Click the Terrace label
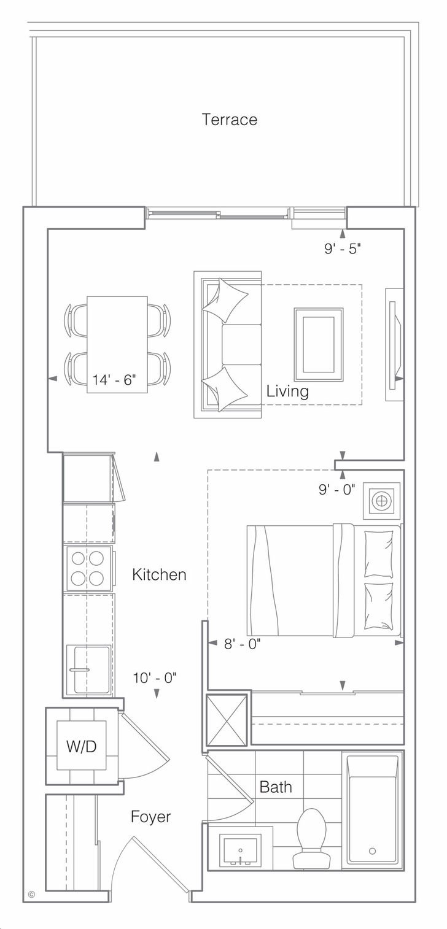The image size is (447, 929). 230,120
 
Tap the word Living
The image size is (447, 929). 287,391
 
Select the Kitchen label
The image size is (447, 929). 159,574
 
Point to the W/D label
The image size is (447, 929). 81,746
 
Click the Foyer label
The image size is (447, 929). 150,817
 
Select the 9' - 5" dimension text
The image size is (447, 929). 343,249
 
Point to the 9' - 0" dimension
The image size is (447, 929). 337,490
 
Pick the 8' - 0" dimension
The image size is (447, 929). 243,644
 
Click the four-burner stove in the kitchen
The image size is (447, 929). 88,568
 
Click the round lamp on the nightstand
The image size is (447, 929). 381,501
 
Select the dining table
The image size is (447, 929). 117,344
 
